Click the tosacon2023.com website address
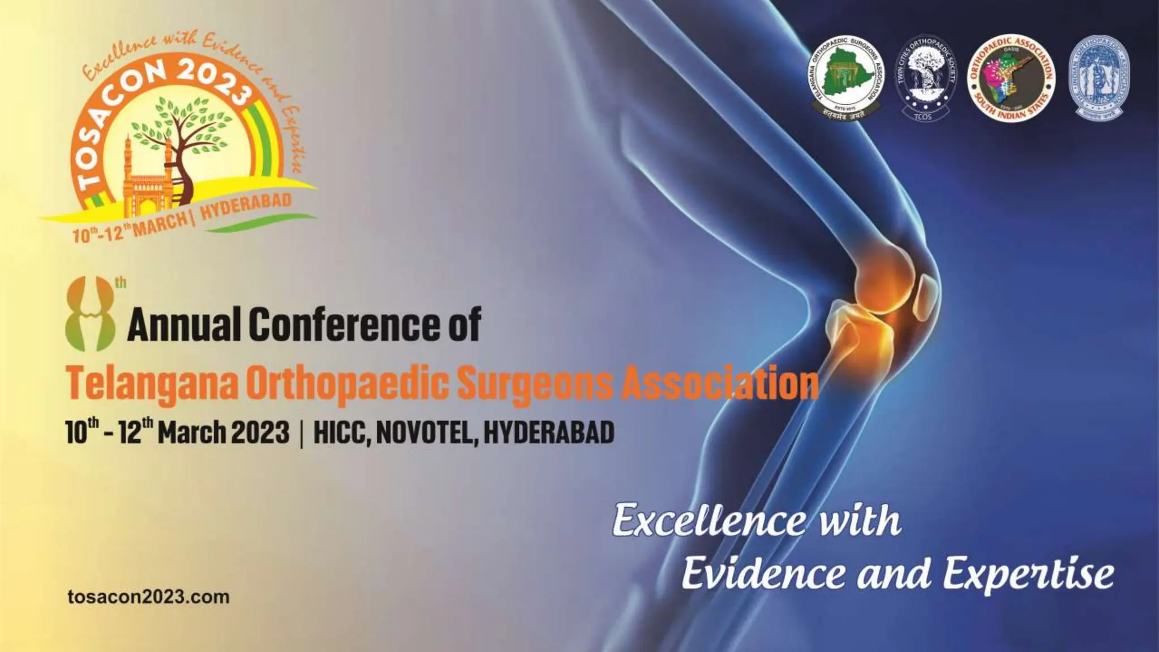click(x=148, y=597)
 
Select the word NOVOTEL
click(x=424, y=433)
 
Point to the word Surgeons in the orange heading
click(x=534, y=384)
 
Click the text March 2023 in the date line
click(x=224, y=433)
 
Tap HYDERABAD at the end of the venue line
click(x=549, y=433)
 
